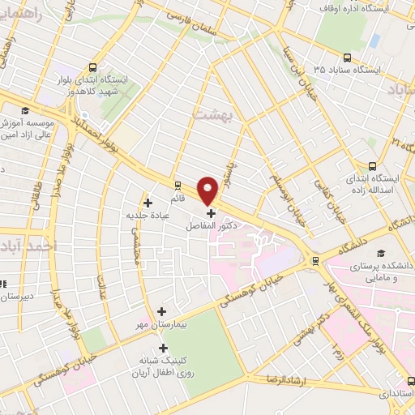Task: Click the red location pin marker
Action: click(208, 190)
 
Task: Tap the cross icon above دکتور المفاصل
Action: click(212, 214)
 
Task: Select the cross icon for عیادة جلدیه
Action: click(147, 203)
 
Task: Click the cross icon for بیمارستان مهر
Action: click(161, 310)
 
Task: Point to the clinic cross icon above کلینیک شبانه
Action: click(163, 347)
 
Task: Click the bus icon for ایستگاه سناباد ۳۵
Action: click(347, 57)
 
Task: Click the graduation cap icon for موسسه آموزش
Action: click(24, 111)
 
